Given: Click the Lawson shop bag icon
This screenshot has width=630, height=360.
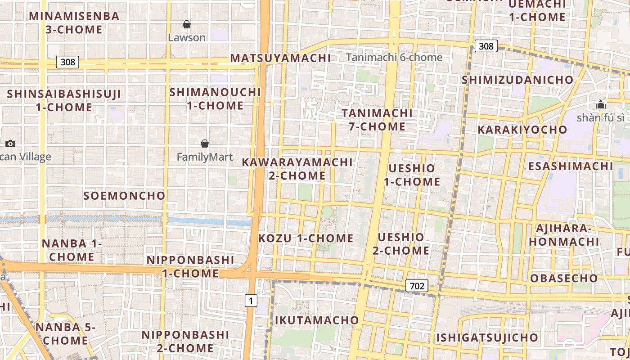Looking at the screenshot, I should (187, 24).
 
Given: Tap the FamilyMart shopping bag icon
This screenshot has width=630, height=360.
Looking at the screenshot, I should (205, 144).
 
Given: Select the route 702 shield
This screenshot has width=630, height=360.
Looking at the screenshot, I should (417, 285).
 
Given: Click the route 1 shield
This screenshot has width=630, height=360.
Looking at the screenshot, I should (251, 300).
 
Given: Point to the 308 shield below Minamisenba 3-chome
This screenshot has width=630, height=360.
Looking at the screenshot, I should (67, 62).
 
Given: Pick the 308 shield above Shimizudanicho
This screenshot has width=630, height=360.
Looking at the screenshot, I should (486, 46).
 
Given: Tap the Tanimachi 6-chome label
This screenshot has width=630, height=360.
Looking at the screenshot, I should (394, 57).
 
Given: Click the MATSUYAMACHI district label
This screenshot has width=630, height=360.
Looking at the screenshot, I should (280, 58).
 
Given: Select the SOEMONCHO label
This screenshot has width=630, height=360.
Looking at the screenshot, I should (125, 196).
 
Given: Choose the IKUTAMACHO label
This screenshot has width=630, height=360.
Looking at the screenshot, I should (317, 320).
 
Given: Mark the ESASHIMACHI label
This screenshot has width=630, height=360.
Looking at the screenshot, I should (571, 166).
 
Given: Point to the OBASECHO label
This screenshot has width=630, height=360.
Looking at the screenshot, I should (564, 278).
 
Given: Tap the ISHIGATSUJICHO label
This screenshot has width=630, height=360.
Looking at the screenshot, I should (486, 337).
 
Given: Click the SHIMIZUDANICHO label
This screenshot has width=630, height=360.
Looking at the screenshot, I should (518, 80).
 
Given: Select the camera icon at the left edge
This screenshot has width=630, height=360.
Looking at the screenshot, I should (10, 144).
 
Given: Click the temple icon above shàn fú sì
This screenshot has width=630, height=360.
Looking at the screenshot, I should (600, 105).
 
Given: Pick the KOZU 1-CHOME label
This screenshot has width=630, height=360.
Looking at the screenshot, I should (306, 238).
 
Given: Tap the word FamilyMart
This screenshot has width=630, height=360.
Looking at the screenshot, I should (205, 157).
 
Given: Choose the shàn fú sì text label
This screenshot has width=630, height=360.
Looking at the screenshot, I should (600, 118).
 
